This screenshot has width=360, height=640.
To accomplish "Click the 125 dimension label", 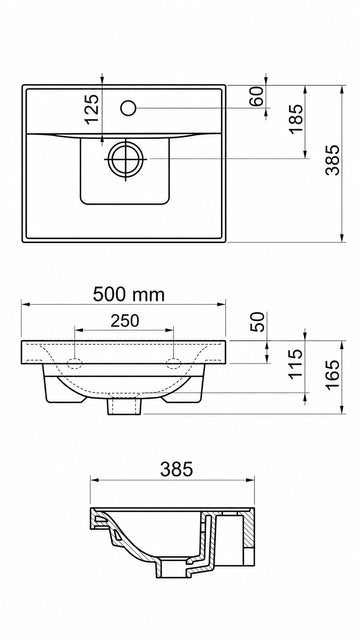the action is click(x=92, y=109).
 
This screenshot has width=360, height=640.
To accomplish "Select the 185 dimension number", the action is click(x=296, y=119).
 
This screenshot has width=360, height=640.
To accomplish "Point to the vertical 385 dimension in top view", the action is click(x=332, y=160).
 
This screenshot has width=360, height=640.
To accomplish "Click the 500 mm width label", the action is click(x=129, y=294).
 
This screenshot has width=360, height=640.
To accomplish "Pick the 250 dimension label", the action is click(x=125, y=321).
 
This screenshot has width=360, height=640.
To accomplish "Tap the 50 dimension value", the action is click(x=258, y=322).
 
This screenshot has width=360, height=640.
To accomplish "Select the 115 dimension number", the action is click(x=296, y=364).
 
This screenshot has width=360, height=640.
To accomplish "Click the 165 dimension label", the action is click(x=332, y=375).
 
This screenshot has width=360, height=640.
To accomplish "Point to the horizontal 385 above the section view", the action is click(x=176, y=469).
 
